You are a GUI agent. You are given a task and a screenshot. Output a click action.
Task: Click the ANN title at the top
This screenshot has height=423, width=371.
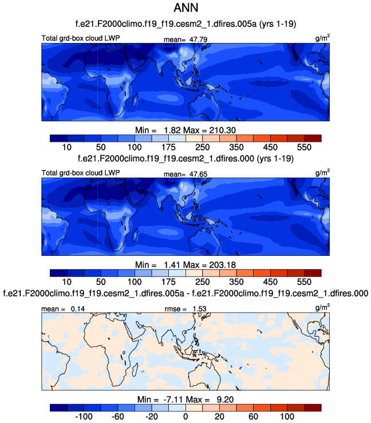[x=185, y=9]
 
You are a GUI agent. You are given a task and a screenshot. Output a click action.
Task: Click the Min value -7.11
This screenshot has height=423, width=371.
[x=168, y=399]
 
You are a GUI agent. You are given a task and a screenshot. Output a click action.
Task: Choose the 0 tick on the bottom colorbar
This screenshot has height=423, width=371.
[x=185, y=417]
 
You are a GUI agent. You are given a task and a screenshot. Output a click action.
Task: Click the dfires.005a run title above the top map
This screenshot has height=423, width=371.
[x=185, y=23]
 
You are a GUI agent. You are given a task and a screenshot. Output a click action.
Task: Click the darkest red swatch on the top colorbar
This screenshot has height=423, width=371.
[x=313, y=138]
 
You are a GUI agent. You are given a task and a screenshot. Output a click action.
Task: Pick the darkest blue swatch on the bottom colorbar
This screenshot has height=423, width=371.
[x=58, y=408]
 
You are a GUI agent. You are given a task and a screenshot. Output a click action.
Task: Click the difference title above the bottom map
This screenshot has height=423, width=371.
[x=185, y=293]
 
